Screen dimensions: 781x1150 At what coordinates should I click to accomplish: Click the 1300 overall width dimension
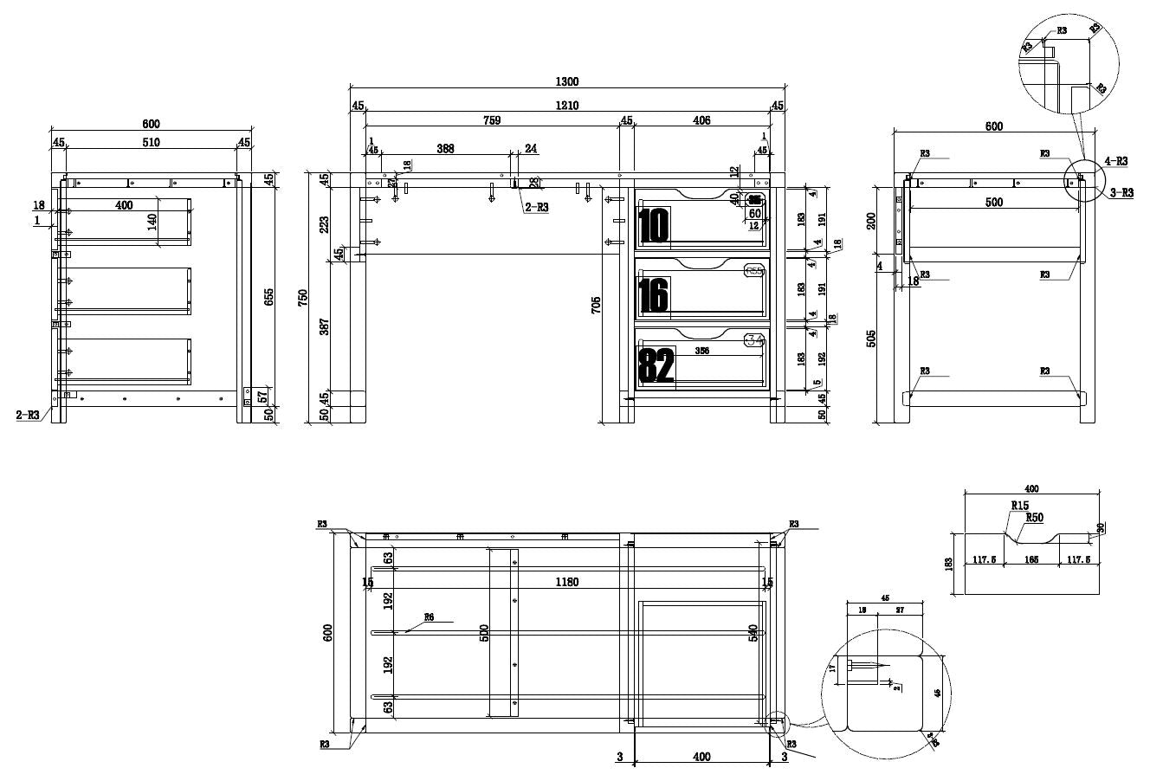pyautogui.click(x=566, y=81)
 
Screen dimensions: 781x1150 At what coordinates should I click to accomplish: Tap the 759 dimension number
pyautogui.click(x=490, y=120)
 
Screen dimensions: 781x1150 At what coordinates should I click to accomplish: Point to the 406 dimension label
pyautogui.click(x=701, y=120)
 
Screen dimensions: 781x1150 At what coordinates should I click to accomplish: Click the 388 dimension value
pyautogui.click(x=445, y=149)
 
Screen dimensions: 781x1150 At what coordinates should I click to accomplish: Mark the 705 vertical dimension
pyautogui.click(x=596, y=305)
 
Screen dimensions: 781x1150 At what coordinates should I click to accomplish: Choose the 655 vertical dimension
pyautogui.click(x=269, y=297)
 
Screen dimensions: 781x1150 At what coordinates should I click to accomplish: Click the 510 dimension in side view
pyautogui.click(x=151, y=142)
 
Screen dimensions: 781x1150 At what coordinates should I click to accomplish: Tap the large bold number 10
pyautogui.click(x=654, y=225)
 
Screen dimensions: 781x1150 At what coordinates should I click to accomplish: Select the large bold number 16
pyautogui.click(x=654, y=295)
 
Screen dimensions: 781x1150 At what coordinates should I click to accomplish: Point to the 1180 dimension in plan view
pyautogui.click(x=567, y=583)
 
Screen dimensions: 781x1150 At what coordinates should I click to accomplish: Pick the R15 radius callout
pyautogui.click(x=1019, y=506)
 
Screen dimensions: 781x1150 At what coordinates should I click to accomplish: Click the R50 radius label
pyautogui.click(x=1034, y=518)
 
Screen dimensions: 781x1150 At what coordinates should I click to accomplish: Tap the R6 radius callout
pyautogui.click(x=429, y=617)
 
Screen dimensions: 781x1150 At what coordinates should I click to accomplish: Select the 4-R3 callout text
pyautogui.click(x=1116, y=161)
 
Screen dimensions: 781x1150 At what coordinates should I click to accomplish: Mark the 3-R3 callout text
pyautogui.click(x=1121, y=193)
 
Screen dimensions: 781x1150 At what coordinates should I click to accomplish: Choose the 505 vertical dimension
pyautogui.click(x=871, y=338)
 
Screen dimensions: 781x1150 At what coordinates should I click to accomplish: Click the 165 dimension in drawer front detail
pyautogui.click(x=1030, y=560)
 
